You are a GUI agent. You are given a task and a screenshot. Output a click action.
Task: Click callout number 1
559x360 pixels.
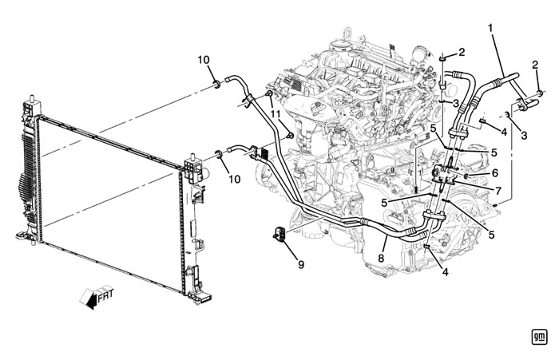(490, 28)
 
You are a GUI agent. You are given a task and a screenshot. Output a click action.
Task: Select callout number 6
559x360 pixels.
(494, 173)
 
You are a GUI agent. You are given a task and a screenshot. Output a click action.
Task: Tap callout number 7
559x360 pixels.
(498, 190)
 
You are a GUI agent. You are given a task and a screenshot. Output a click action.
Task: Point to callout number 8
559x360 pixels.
(381, 258)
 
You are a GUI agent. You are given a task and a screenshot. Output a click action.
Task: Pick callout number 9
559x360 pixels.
(301, 265)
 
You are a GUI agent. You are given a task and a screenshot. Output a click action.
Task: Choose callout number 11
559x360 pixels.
(276, 114)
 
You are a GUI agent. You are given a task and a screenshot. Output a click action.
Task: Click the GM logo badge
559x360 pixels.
(539, 337)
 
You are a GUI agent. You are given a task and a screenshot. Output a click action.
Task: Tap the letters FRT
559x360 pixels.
(106, 295)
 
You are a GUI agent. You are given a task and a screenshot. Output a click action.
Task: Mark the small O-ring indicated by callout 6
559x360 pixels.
(467, 176)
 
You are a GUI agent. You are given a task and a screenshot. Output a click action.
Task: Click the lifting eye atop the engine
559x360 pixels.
(347, 34)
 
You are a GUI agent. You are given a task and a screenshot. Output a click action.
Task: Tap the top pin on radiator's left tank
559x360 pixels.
(31, 98)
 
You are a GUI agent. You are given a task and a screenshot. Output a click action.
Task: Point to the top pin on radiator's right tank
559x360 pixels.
(193, 156)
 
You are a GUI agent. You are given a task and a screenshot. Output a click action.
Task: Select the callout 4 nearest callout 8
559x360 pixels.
(445, 272)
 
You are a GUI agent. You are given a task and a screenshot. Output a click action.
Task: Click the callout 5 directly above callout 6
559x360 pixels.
(494, 152)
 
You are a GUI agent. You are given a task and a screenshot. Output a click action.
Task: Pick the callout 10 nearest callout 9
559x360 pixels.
(234, 179)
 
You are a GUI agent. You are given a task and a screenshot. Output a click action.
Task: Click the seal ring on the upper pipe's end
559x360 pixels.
(216, 85)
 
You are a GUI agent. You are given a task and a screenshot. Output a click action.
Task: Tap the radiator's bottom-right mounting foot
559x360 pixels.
(199, 298)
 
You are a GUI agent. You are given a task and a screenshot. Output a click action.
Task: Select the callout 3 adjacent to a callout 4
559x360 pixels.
(524, 135)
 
